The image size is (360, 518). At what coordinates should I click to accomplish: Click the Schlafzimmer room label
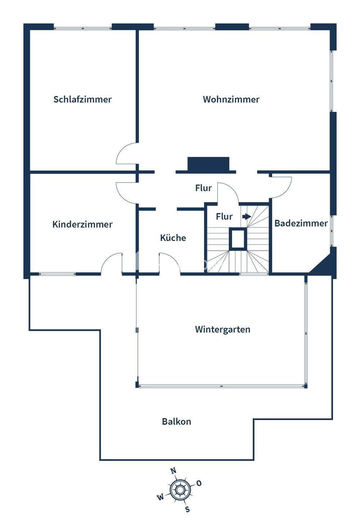[82, 99]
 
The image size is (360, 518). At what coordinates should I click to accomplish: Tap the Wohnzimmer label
[231, 99]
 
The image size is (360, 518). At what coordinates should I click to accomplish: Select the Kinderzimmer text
[82, 224]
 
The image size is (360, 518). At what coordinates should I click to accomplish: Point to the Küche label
[173, 238]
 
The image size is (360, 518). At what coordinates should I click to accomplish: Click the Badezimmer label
[301, 223]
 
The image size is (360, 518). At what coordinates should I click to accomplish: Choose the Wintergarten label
[222, 330]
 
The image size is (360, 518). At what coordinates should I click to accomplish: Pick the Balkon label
[176, 422]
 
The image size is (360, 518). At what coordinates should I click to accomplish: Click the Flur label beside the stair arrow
[224, 217]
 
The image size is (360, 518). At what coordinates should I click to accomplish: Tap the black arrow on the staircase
[247, 217]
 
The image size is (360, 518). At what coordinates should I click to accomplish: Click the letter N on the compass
[173, 471]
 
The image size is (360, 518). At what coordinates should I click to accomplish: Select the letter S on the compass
[187, 509]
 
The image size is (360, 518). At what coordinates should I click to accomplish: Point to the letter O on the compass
[199, 483]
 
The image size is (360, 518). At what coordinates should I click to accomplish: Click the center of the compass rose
[179, 490]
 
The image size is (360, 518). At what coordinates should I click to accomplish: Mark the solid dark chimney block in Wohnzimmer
[208, 164]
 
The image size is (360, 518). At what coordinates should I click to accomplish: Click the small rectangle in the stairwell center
[238, 239]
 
